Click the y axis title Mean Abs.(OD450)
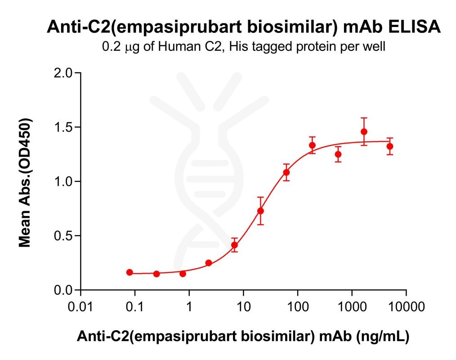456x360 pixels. point(25,182)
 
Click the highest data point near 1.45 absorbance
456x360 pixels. point(364,132)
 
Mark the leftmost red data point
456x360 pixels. point(130,272)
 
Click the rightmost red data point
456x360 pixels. point(390,146)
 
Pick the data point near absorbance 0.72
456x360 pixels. point(260,211)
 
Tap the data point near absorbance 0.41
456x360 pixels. point(234,245)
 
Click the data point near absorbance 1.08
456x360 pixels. point(286,172)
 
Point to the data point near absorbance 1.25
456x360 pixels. point(338,154)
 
